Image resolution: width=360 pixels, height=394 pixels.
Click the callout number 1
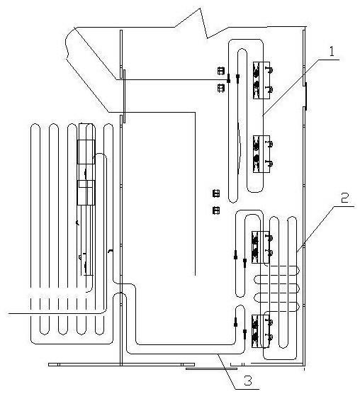pyautogui.click(x=332, y=52)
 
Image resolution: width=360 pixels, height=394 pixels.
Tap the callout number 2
pyautogui.click(x=344, y=198)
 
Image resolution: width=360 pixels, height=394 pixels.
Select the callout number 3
pyautogui.click(x=248, y=381)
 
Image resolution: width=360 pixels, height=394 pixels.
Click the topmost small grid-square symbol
pyautogui.click(x=221, y=71)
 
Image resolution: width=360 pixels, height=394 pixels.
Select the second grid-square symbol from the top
pyautogui.click(x=221, y=88)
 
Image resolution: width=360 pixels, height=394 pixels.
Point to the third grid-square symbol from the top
pyautogui.click(x=216, y=193)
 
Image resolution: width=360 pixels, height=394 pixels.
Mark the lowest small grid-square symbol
pyautogui.click(x=216, y=210)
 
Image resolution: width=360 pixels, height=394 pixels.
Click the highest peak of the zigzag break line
pyautogui.click(x=201, y=9)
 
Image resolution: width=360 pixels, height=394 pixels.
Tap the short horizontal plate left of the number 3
pyautogui.click(x=211, y=368)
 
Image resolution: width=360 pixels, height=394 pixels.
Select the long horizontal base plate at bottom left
pyautogui.click(x=121, y=364)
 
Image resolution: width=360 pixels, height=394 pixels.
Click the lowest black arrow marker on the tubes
pyautogui.click(x=244, y=333)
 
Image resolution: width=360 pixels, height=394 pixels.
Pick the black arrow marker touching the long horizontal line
pyautogui.click(x=228, y=79)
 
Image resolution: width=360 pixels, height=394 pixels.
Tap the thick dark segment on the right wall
pyautogui.click(x=305, y=96)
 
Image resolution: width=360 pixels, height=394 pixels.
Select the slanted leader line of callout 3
pyautogui.click(x=227, y=371)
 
